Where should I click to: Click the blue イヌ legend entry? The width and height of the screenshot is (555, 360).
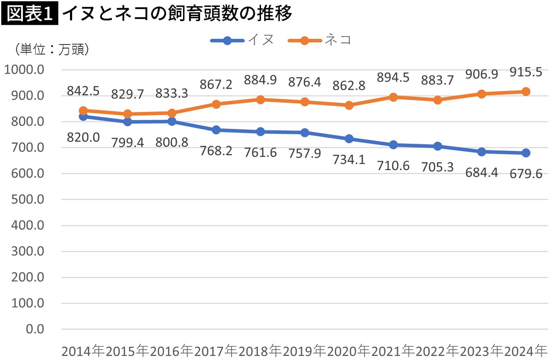pyautogui.click(x=242, y=40)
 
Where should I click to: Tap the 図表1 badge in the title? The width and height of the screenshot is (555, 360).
pyautogui.click(x=30, y=14)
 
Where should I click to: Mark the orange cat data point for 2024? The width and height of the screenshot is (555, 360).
pyautogui.click(x=526, y=92)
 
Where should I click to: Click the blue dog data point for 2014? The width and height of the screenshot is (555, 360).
pyautogui.click(x=83, y=116)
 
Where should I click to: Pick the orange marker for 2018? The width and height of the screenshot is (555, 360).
pyautogui.click(x=260, y=99)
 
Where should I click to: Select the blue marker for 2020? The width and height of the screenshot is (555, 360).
pyautogui.click(x=349, y=139)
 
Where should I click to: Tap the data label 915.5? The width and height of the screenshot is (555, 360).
pyautogui.click(x=526, y=72)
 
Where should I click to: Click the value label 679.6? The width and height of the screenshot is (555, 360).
pyautogui.click(x=526, y=173)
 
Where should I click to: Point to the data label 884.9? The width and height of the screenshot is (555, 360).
pyautogui.click(x=260, y=80)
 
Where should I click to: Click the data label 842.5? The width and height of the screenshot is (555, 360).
pyautogui.click(x=83, y=91)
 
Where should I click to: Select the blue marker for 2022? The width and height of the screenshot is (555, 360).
pyautogui.click(x=437, y=146)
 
